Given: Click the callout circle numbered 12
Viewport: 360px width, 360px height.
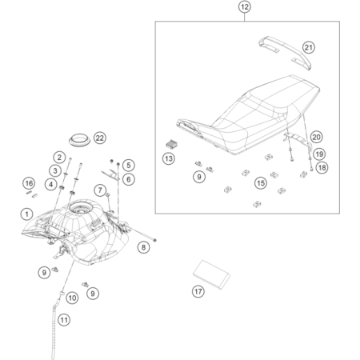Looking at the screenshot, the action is [x=245, y=7].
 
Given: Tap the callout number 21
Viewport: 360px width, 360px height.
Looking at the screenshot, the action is [x=309, y=47].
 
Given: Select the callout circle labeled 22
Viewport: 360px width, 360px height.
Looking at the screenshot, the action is [x=100, y=138].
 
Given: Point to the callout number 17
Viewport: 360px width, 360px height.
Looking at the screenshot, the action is [x=198, y=291].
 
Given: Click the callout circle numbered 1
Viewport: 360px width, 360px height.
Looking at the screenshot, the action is [x=26, y=214].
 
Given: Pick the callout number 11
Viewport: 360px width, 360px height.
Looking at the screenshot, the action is [x=64, y=320].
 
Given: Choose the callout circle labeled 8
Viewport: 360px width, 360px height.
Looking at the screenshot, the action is [x=143, y=247].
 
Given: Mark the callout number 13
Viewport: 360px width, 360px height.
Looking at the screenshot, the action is [x=169, y=158].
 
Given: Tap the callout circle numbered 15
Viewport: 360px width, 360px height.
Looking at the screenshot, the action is [x=261, y=183].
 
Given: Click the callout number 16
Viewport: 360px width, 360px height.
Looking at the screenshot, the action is [x=29, y=183].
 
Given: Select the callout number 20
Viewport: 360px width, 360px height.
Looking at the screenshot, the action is [x=316, y=137].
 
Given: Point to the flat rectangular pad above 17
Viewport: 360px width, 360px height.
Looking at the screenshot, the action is [x=211, y=274].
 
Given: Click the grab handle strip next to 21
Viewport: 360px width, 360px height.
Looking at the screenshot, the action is [x=286, y=53].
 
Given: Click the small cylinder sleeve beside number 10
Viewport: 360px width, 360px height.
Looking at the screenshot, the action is [x=62, y=294].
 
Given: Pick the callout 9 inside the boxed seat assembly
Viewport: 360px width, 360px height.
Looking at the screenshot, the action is [x=199, y=177].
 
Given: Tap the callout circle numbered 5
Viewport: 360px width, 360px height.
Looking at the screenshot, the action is [x=129, y=165].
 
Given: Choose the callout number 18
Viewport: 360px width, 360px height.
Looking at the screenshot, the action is [x=322, y=167].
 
